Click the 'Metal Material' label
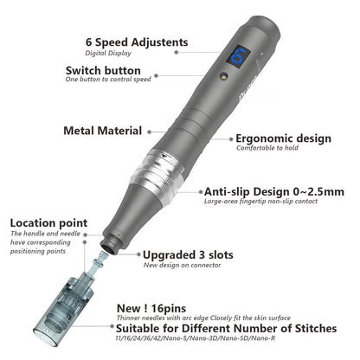pyautogui.click(x=102, y=131)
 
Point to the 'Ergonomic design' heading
pyautogui.click(x=283, y=138)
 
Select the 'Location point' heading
pyautogui.click(x=46, y=222)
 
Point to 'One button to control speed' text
pyautogui.click(x=106, y=80)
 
